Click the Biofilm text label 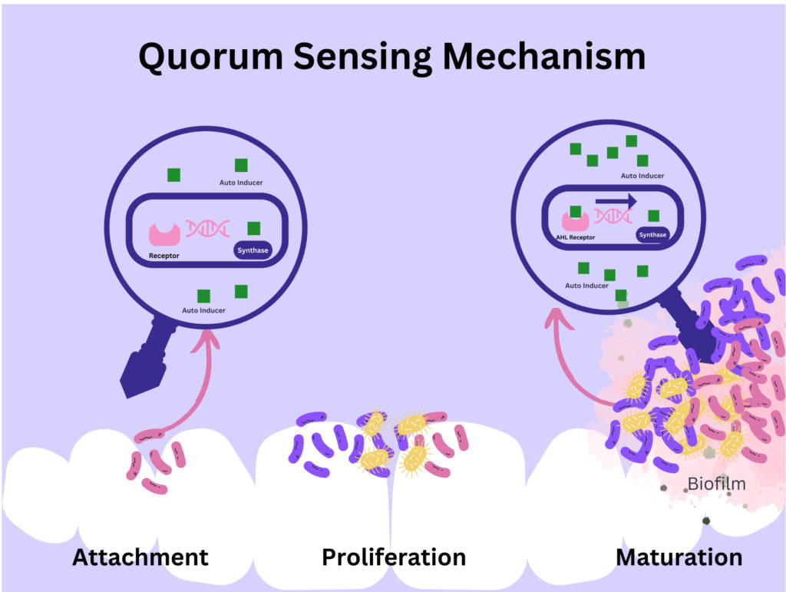coord(717,484)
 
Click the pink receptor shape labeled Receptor coord(165,233)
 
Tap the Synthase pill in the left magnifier coord(253,250)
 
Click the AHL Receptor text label coord(576,238)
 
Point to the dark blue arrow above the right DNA coord(616,200)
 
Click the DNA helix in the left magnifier coord(208,228)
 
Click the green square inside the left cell coord(253,228)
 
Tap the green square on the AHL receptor coord(575,211)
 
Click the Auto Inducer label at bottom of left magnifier coord(203,310)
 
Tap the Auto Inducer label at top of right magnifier coord(642,176)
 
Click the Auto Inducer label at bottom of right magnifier coord(587,286)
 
